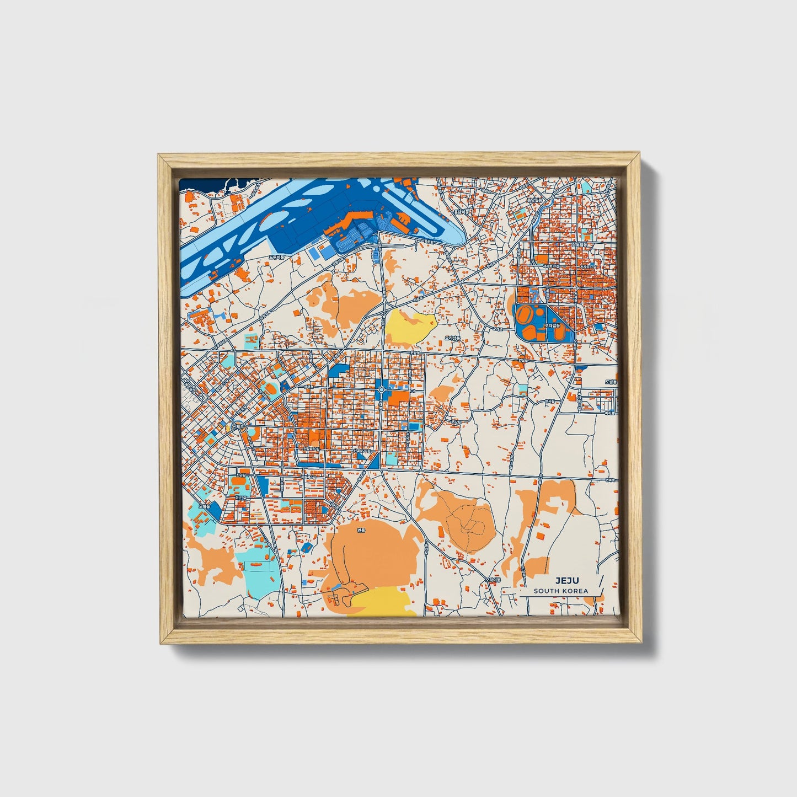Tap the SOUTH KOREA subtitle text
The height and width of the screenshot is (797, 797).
(560, 591)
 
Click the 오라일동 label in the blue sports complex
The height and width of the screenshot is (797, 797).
(552, 326)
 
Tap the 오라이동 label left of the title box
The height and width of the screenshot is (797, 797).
(493, 580)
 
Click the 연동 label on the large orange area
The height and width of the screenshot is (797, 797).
(361, 531)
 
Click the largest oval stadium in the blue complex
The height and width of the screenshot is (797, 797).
(527, 317)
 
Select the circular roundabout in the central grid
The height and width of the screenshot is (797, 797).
(382, 391)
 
